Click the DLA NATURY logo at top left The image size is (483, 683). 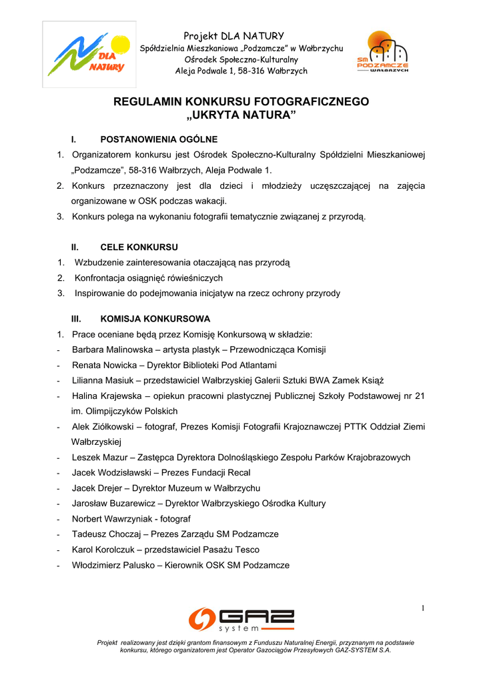[x=89, y=55]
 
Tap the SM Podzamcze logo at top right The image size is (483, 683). [x=383, y=54]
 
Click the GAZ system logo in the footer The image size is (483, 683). [x=241, y=620]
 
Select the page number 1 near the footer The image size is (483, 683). [x=423, y=607]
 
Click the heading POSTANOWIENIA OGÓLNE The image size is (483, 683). [x=159, y=139]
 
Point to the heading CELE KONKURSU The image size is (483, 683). [x=139, y=247]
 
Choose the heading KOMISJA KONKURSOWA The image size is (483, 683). [x=155, y=319]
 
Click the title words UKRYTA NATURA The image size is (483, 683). [x=241, y=117]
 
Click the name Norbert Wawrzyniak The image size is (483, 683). [x=115, y=519]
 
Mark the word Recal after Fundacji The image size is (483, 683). [x=239, y=473]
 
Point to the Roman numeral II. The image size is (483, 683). [x=75, y=247]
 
